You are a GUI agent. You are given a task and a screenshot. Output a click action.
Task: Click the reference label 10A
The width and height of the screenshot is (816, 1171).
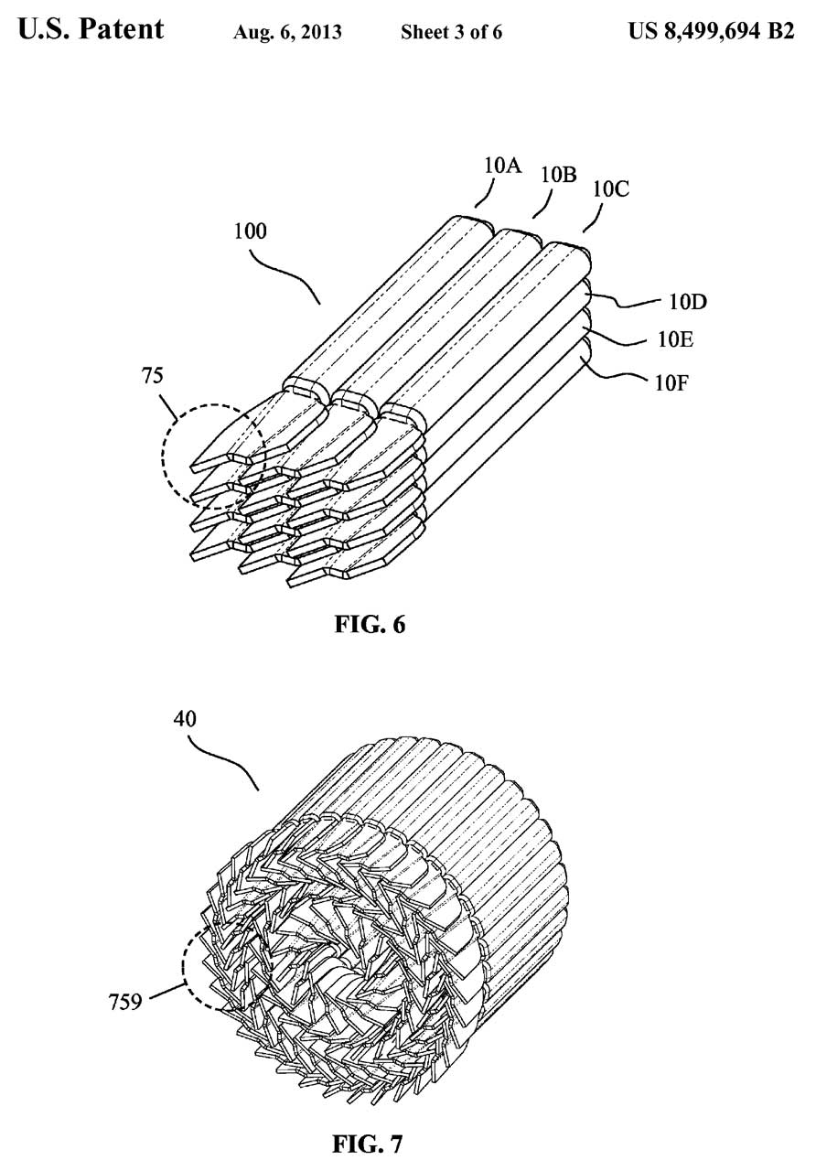(502, 166)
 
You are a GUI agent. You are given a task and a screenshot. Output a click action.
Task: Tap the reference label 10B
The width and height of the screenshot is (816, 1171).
(558, 175)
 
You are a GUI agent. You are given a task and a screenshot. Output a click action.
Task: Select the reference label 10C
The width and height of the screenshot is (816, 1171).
(610, 188)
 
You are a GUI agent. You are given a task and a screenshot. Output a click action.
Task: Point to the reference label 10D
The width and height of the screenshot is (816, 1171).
(688, 302)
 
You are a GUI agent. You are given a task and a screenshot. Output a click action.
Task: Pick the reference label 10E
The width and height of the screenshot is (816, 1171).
(675, 340)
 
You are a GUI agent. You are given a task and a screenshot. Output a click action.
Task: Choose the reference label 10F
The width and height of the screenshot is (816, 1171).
(671, 383)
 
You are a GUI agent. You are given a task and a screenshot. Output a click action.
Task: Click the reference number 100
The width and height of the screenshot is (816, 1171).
(250, 231)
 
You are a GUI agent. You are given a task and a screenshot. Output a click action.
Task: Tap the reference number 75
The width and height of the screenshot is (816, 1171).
(152, 376)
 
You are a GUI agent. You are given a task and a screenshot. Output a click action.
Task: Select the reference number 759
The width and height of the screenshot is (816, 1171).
(125, 1002)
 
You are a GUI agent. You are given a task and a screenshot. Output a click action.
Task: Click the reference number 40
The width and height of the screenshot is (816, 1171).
(185, 719)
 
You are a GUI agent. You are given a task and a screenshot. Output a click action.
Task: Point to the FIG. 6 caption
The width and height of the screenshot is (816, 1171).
(370, 625)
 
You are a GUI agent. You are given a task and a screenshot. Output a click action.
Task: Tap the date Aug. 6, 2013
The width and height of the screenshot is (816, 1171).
(287, 32)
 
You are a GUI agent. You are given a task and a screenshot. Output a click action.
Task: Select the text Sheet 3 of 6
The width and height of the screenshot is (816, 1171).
(451, 32)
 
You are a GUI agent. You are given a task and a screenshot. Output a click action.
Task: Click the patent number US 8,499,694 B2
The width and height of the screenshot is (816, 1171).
(712, 31)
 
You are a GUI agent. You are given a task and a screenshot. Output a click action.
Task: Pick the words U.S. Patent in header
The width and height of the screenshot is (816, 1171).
(91, 28)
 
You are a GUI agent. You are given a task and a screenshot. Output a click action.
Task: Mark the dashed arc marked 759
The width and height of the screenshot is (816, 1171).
(184, 967)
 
